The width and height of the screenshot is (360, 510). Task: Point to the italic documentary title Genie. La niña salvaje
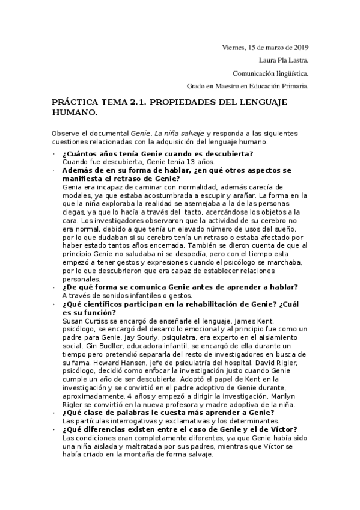168,132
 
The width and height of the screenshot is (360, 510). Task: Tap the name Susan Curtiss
84,322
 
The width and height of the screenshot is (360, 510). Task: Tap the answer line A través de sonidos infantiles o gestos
127,296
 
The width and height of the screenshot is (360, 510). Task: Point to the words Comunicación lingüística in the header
270,73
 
